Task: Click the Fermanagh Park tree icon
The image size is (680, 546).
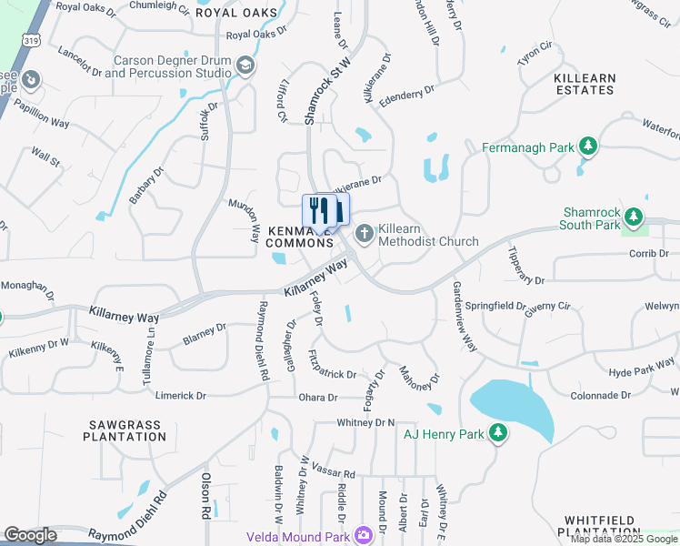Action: click(x=588, y=146)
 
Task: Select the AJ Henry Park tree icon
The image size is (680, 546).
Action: click(x=497, y=434)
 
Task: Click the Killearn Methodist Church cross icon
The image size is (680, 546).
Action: click(x=365, y=234)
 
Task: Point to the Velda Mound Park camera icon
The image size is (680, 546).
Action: click(x=364, y=535)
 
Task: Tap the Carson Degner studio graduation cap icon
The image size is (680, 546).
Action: click(x=245, y=66)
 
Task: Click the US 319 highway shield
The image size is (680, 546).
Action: click(x=32, y=41)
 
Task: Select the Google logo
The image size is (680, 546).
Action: click(x=30, y=535)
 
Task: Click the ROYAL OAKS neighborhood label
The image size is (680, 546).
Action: click(x=242, y=13)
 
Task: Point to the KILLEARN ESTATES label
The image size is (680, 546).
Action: click(x=585, y=85)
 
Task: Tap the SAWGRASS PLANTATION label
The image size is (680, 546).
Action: click(x=127, y=430)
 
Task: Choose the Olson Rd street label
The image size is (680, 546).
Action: click(x=206, y=495)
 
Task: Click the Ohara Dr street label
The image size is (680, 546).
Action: click(x=318, y=398)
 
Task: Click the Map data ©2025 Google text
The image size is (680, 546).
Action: click(x=623, y=539)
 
